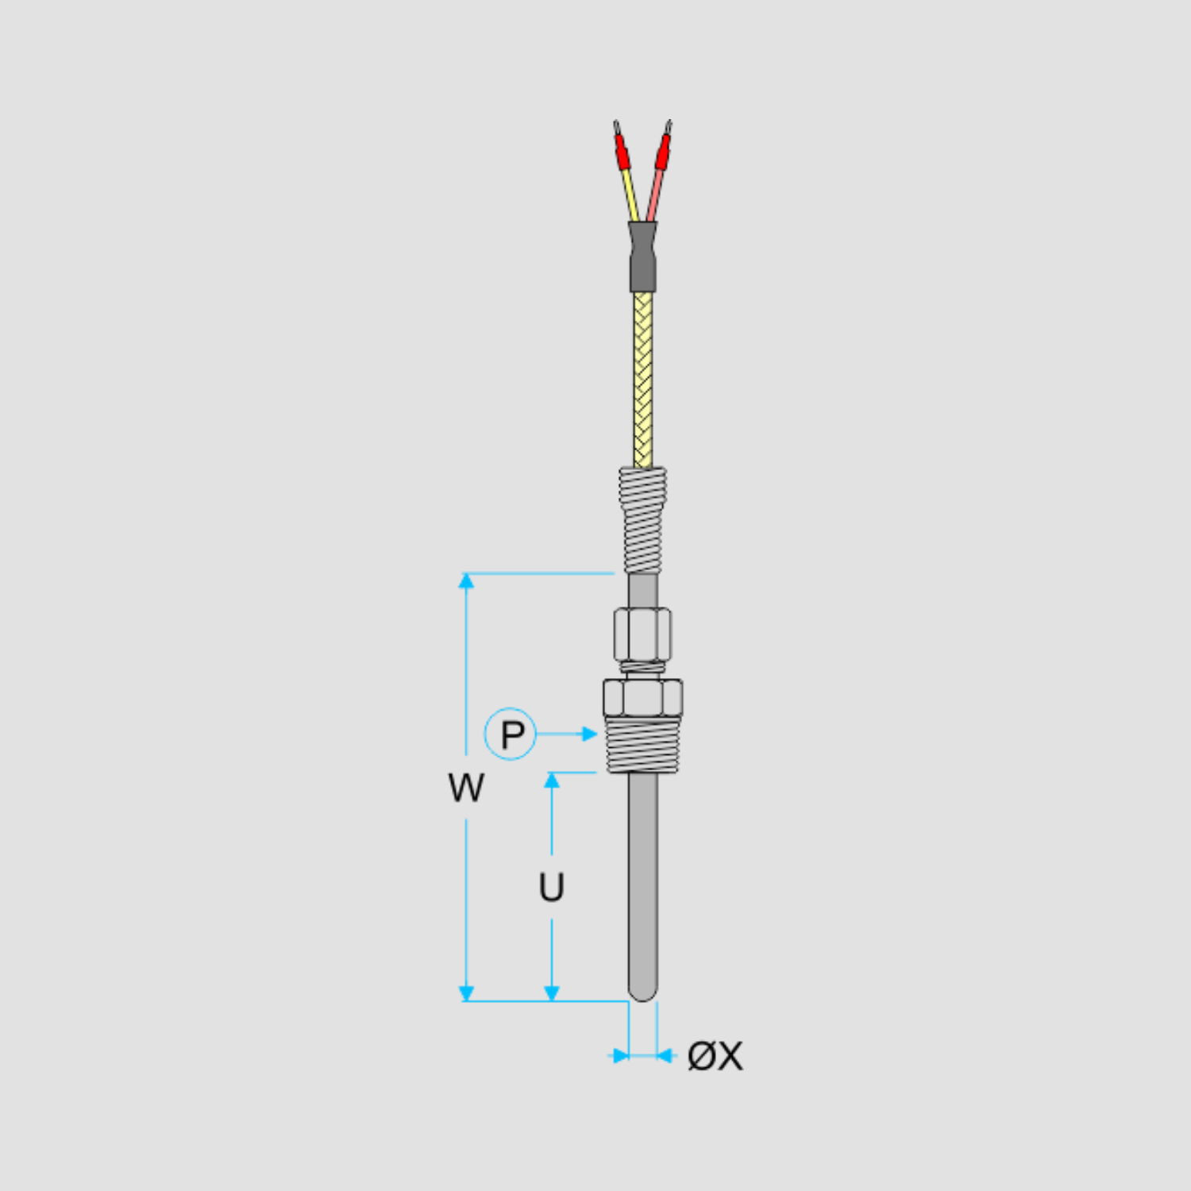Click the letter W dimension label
point(465,788)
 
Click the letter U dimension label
point(551,887)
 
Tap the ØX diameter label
point(715,1056)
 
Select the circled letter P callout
point(511,734)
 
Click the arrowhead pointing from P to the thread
point(589,734)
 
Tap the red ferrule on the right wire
point(663,151)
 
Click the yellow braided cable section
point(643,381)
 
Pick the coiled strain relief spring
point(642,520)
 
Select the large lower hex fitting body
point(642,697)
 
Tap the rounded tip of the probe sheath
point(642,992)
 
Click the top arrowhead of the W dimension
point(466,580)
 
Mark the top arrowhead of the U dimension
point(552,780)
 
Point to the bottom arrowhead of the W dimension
point(466,993)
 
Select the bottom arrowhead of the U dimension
point(552,993)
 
